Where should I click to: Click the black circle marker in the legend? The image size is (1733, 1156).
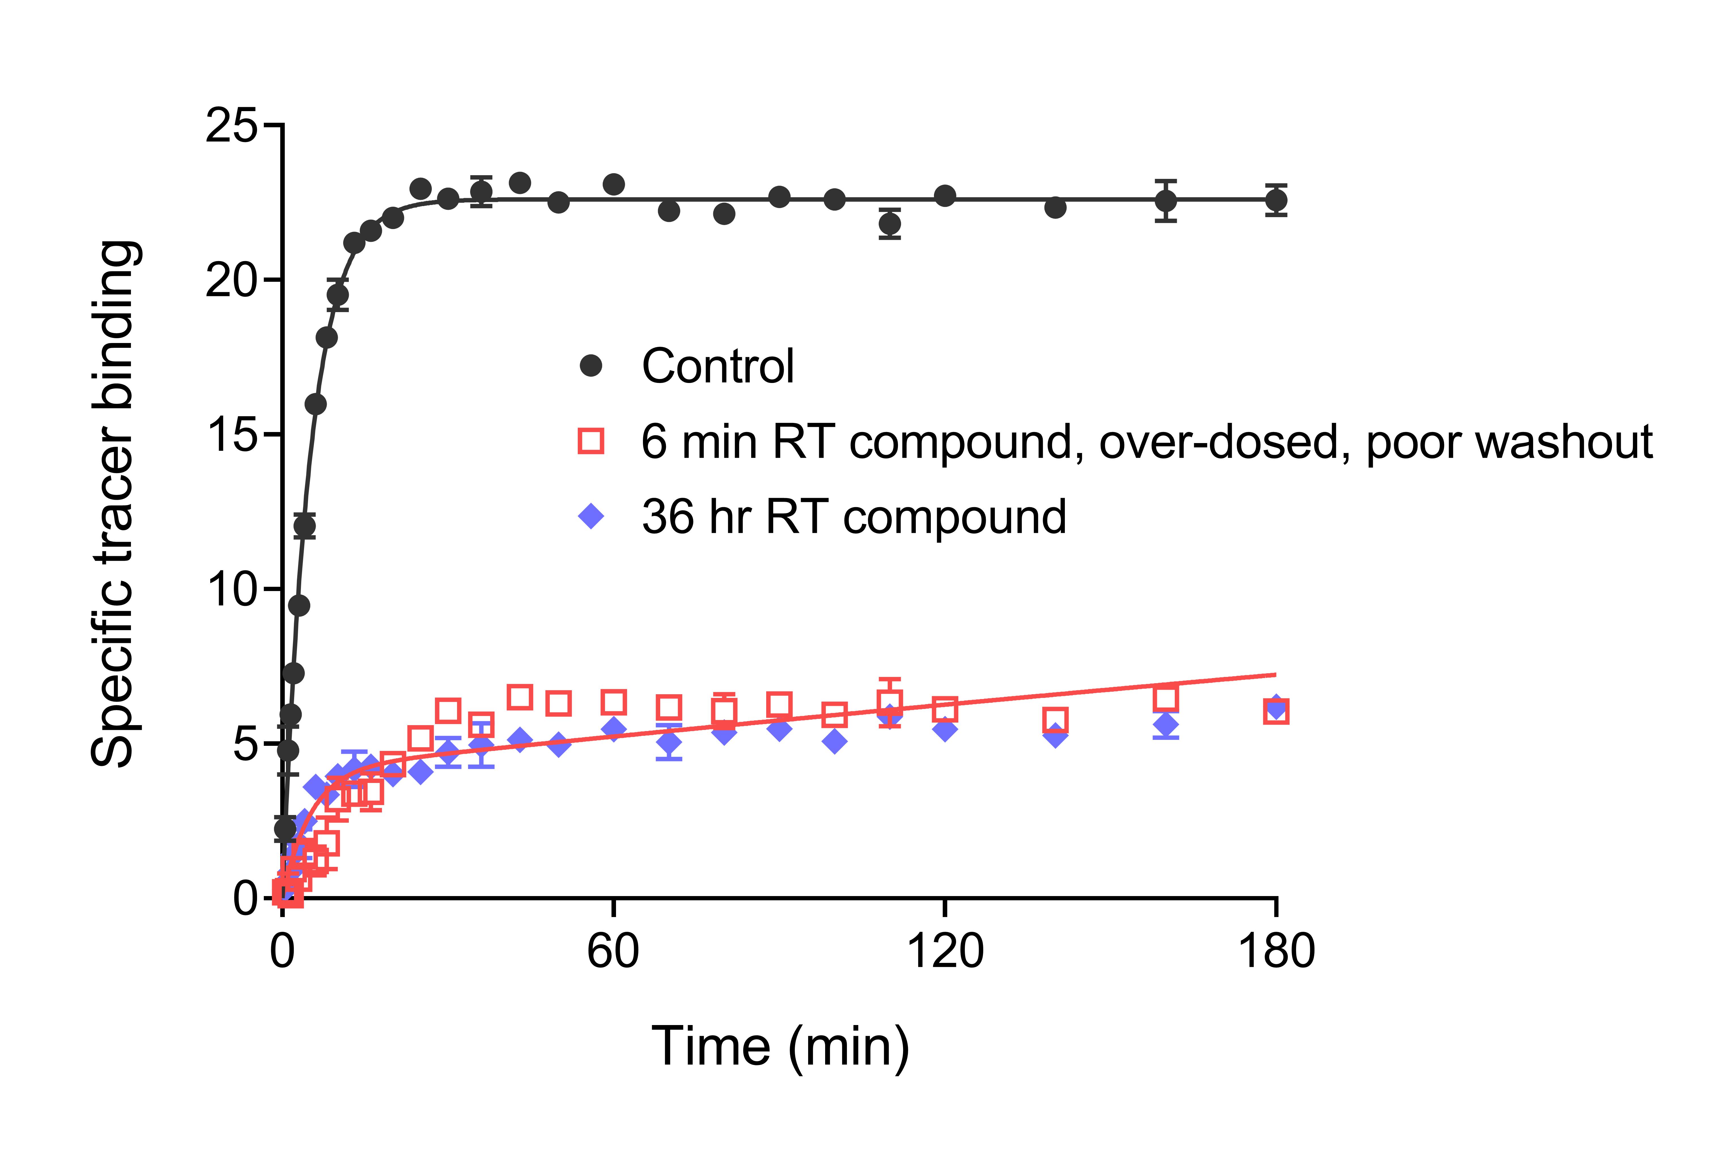click(591, 366)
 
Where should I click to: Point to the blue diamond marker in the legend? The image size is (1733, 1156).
click(591, 516)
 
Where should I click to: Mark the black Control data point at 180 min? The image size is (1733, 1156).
click(1276, 200)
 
